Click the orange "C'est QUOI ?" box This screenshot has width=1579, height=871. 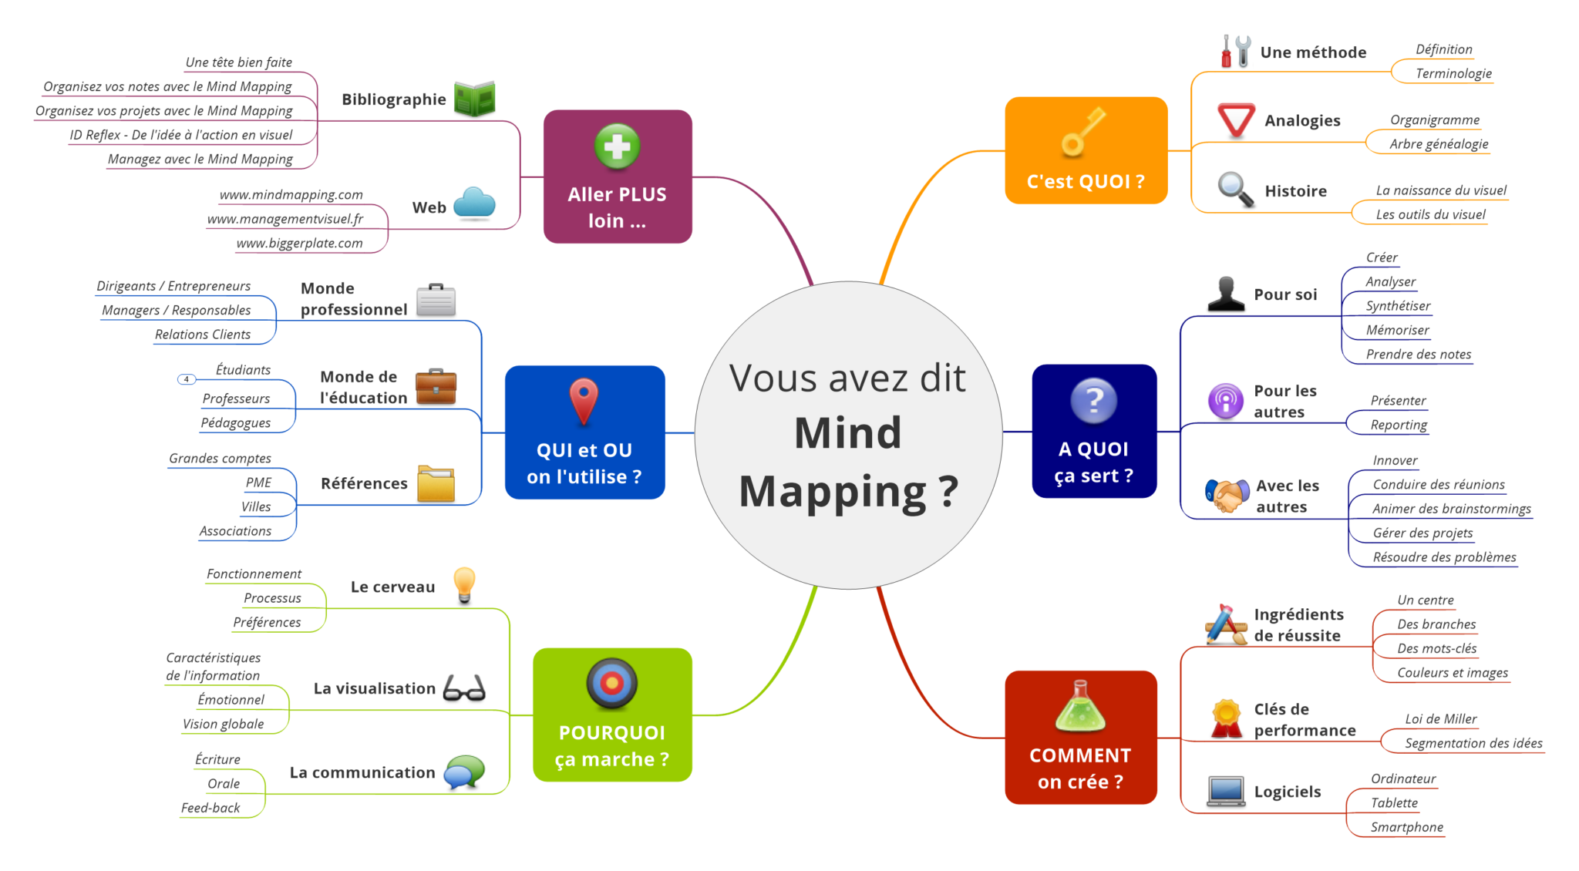coord(1086,150)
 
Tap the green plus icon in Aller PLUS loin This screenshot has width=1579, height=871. coord(617,146)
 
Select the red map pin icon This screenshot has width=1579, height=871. coord(584,400)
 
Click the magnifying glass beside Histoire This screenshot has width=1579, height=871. coord(1235,190)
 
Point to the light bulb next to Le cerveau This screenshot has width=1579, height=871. coord(464,583)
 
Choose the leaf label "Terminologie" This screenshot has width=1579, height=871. coord(1453,73)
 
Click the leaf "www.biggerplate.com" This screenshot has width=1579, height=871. coord(299,243)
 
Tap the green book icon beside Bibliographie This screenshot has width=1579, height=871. coord(474,99)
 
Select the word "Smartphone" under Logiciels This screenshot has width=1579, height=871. coord(1406,827)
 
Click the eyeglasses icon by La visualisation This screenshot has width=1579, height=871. coord(464,688)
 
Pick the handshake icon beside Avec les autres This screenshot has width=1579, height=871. coord(1227,495)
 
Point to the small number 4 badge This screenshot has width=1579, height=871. coord(187,379)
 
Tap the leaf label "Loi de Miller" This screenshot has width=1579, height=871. coord(1440,718)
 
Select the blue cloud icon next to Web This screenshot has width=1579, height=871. coord(474,203)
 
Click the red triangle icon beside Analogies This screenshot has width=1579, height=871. coord(1236,120)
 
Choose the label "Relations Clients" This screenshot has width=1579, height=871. coord(202,335)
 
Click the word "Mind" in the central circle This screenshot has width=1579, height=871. coord(847,432)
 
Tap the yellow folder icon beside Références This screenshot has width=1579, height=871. coord(436,483)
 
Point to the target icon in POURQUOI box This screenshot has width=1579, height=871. coord(611,682)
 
